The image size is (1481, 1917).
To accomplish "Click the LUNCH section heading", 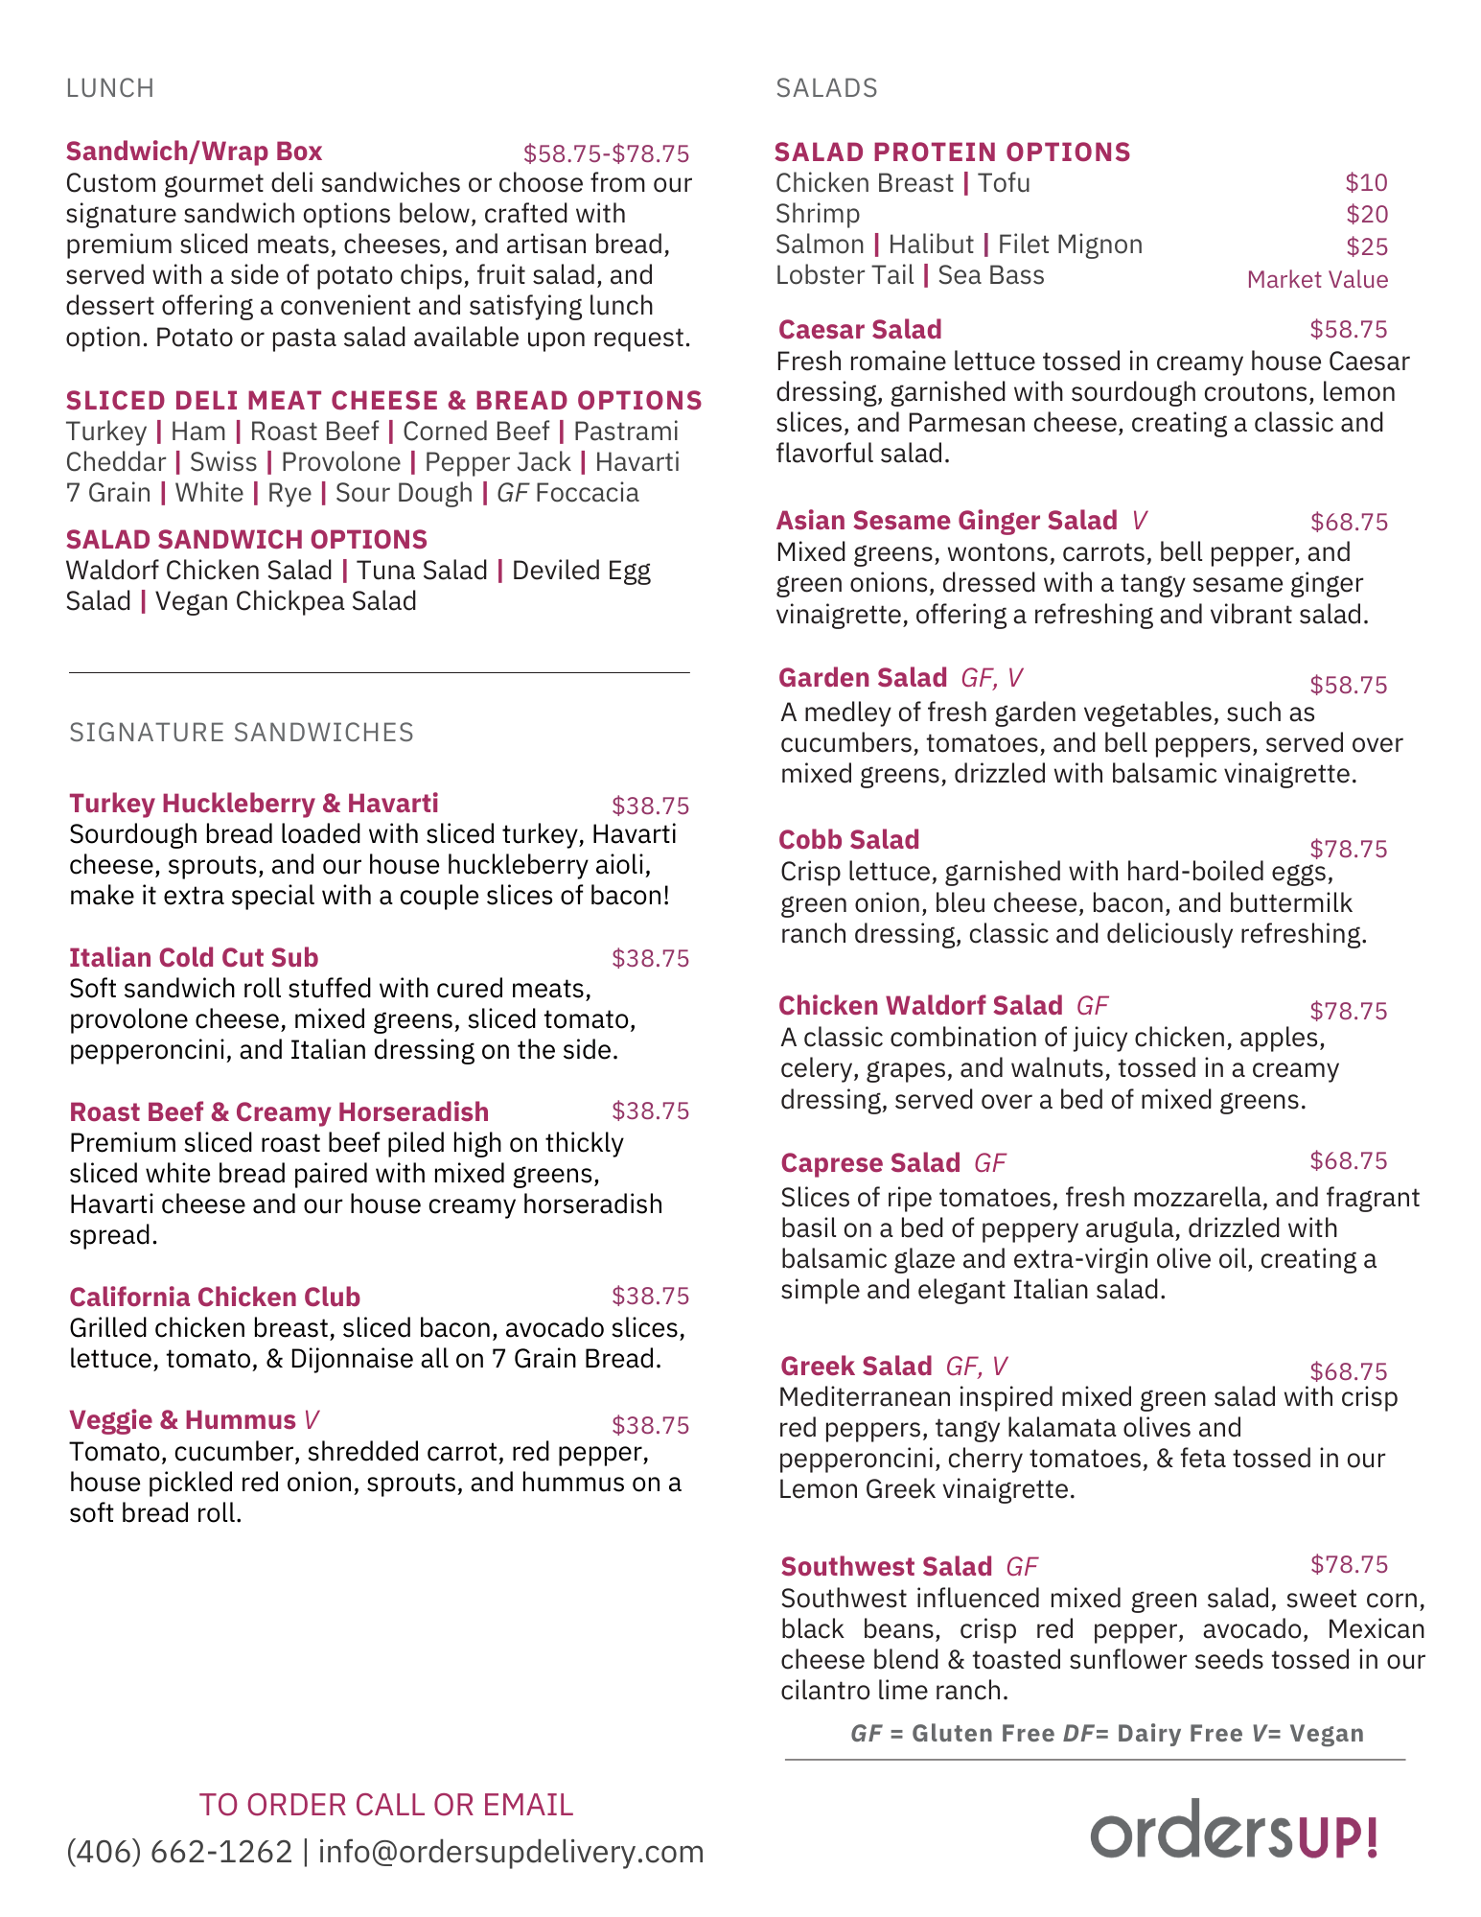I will pyautogui.click(x=109, y=88).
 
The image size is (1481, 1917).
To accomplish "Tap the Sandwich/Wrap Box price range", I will pyautogui.click(x=606, y=153).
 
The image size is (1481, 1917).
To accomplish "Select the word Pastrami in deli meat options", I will pyautogui.click(x=626, y=432).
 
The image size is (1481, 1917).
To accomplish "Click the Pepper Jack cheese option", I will pyautogui.click(x=498, y=462).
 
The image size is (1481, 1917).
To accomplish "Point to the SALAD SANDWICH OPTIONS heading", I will pyautogui.click(x=246, y=539).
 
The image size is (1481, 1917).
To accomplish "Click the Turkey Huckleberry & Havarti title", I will pyautogui.click(x=254, y=804).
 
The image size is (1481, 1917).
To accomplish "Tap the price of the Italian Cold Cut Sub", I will pyautogui.click(x=650, y=958).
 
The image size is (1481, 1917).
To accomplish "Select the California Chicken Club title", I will pyautogui.click(x=215, y=1297).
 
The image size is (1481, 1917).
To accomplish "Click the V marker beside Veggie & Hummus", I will pyautogui.click(x=311, y=1420).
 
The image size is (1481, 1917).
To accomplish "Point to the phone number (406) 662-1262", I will pyautogui.click(x=179, y=1851).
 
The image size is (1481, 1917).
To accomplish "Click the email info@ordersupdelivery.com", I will pyautogui.click(x=511, y=1851).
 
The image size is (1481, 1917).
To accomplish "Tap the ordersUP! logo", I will pyautogui.click(x=1234, y=1830).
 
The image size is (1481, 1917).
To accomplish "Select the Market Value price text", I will pyautogui.click(x=1317, y=280).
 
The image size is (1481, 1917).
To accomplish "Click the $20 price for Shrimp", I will pyautogui.click(x=1366, y=215).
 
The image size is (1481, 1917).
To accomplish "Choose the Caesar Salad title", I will pyautogui.click(x=860, y=330).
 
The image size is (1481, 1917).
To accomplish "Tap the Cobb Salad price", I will pyautogui.click(x=1348, y=849).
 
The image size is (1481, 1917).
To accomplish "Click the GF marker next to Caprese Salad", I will pyautogui.click(x=989, y=1163).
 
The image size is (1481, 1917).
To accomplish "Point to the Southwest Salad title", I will pyautogui.click(x=886, y=1566).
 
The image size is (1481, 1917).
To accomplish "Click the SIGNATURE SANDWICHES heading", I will pyautogui.click(x=242, y=733).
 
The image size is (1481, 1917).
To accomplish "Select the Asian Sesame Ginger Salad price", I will pyautogui.click(x=1349, y=522).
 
